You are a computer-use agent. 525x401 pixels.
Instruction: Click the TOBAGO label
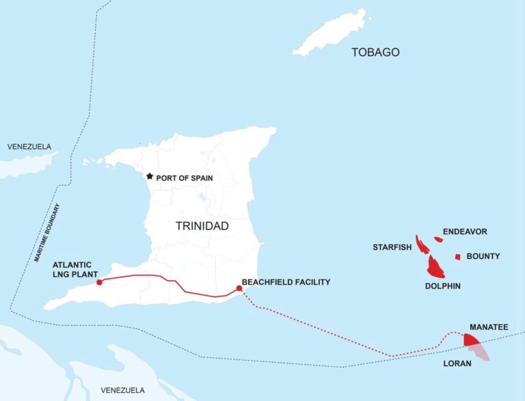pyautogui.click(x=375, y=53)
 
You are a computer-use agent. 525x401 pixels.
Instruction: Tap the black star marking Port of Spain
pyautogui.click(x=150, y=176)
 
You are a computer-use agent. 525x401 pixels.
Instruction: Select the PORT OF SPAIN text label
pyautogui.click(x=185, y=178)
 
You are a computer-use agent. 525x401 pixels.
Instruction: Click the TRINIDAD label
pyautogui.click(x=202, y=226)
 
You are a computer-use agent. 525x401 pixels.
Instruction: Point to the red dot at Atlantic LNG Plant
pyautogui.click(x=100, y=281)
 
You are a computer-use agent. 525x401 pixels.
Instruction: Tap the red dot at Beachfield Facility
pyautogui.click(x=239, y=289)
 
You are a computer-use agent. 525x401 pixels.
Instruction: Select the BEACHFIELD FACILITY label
pyautogui.click(x=286, y=281)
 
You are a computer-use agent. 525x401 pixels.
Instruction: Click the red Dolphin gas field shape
pyautogui.click(x=435, y=268)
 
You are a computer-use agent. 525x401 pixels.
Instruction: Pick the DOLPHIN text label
pyautogui.click(x=442, y=286)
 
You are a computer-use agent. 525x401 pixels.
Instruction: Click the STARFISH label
pyautogui.click(x=392, y=247)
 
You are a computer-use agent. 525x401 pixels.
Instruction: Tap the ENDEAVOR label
pyautogui.click(x=465, y=232)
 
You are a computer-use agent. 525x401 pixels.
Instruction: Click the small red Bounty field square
pyautogui.click(x=457, y=257)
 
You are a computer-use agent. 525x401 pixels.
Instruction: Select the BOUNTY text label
pyautogui.click(x=483, y=256)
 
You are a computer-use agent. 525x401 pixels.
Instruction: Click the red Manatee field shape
pyautogui.click(x=471, y=340)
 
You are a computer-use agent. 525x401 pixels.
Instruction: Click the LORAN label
pyautogui.click(x=457, y=363)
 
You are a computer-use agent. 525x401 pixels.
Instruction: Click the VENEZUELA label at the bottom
pyautogui.click(x=122, y=389)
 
